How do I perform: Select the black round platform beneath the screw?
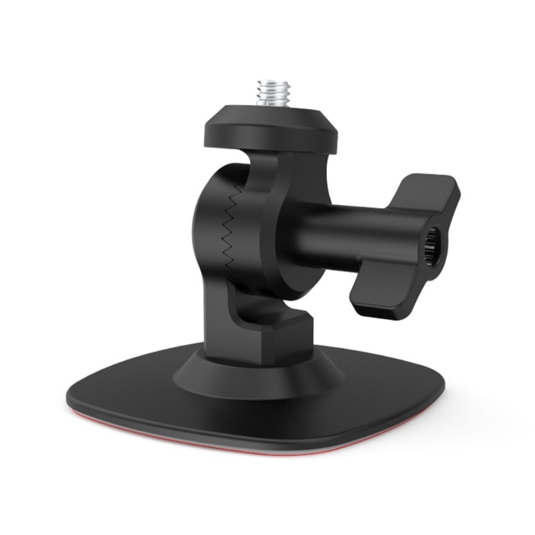pyautogui.click(x=270, y=130)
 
